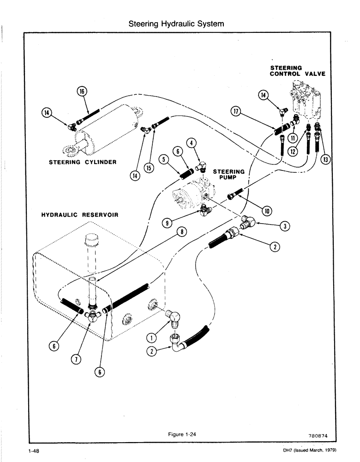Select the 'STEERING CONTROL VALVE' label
(292, 71)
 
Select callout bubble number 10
(266, 211)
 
